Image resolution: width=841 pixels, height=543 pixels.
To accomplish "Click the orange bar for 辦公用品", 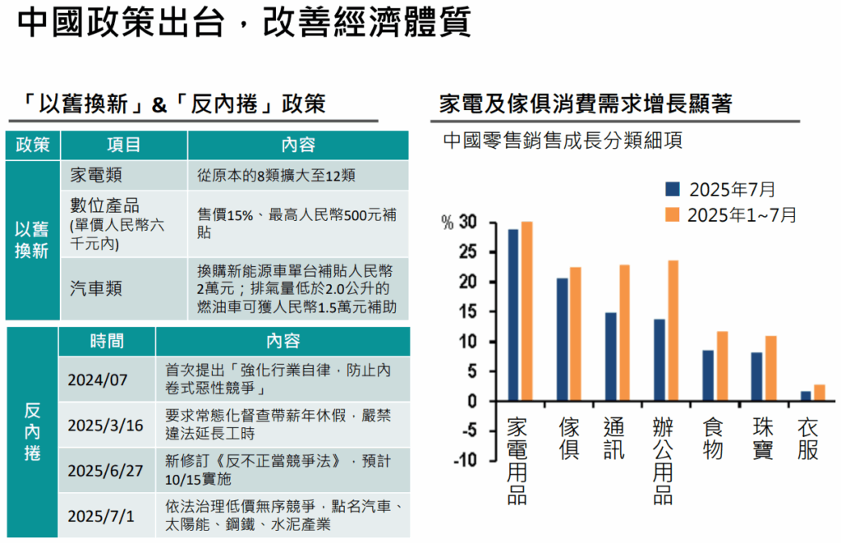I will [x=673, y=331].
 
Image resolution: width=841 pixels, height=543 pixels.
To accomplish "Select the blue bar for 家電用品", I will [x=513, y=315].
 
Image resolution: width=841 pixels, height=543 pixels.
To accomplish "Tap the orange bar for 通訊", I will [x=624, y=333].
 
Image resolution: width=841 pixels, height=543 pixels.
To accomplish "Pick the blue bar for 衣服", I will [x=806, y=396].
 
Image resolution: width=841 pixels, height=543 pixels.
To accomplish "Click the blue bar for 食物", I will [x=708, y=375].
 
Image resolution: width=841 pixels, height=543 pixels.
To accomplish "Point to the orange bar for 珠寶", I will [x=770, y=368].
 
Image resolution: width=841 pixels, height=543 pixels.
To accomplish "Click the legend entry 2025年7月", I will [x=720, y=190].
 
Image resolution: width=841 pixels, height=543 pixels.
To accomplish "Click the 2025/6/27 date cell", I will [x=105, y=471].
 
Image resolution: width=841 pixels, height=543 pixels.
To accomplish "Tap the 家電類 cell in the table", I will [x=94, y=176].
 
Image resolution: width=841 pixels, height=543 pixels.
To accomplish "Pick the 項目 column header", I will [x=123, y=145].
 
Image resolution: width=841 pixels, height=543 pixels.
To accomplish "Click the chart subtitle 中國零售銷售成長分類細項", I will [x=562, y=140].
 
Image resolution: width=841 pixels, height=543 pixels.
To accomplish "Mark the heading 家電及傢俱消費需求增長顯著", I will [x=586, y=104].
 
